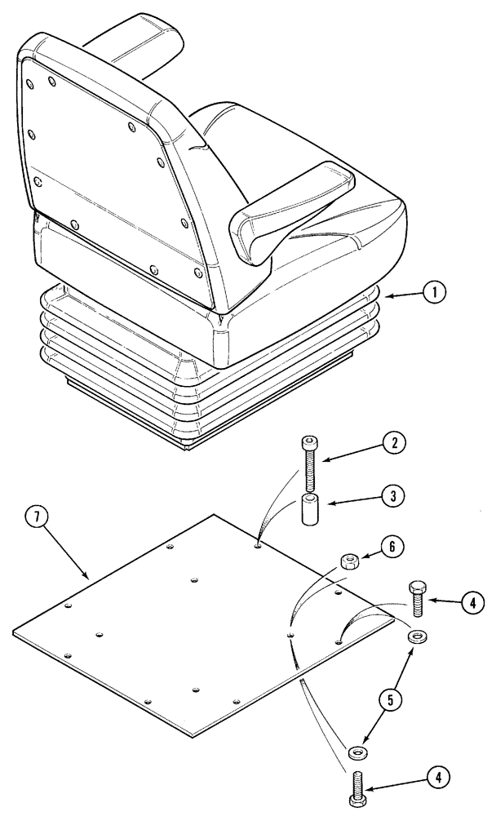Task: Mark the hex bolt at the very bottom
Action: pos(356,790)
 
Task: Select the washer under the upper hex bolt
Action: pos(418,635)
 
